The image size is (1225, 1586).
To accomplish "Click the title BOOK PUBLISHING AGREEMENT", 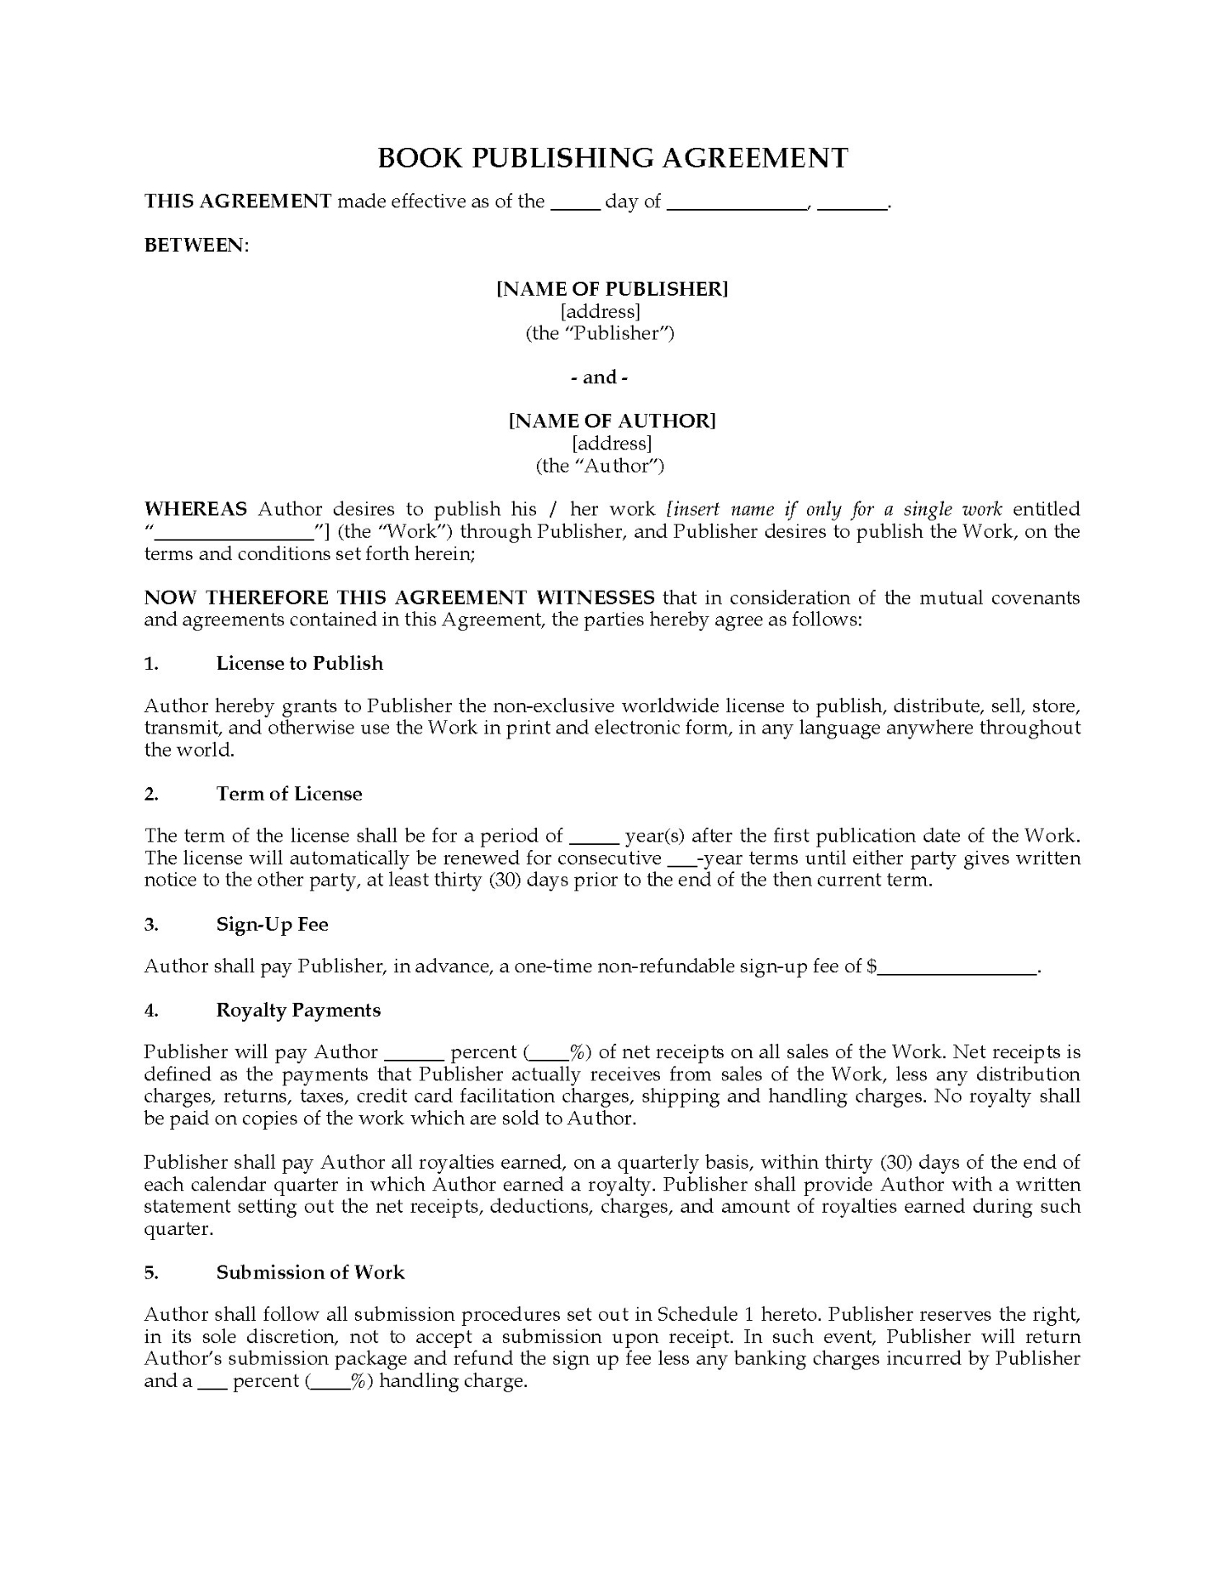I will click(612, 158).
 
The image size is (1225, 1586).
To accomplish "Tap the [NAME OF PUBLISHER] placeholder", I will click(612, 288).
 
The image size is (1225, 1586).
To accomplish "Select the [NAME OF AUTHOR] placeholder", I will click(612, 420).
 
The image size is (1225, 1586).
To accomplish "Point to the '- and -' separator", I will click(600, 378).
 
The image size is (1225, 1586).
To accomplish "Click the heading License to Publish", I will click(299, 663).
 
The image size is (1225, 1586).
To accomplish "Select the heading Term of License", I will click(289, 794).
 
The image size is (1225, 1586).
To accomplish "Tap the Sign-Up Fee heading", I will click(272, 924).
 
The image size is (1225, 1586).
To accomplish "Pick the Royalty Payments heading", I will click(298, 1010).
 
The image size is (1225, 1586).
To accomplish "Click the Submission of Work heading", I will click(310, 1272).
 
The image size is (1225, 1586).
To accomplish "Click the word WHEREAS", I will click(195, 509).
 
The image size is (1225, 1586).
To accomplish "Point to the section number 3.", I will click(151, 925).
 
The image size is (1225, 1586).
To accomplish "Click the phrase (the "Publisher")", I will click(600, 334).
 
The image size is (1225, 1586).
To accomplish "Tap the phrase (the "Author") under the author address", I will click(600, 466).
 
